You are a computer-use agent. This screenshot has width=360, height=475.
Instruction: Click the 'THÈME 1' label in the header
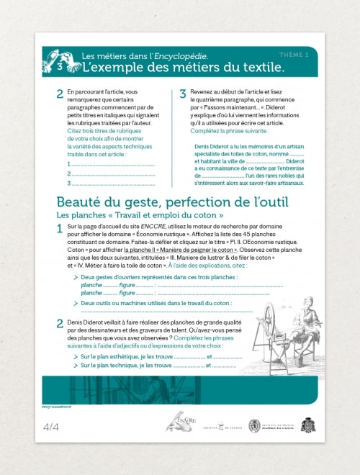point(294,55)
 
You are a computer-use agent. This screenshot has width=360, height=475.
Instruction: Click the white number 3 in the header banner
point(59,65)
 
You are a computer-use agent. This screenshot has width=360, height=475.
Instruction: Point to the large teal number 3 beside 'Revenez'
point(183,94)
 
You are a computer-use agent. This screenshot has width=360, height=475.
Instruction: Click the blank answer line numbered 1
point(112,165)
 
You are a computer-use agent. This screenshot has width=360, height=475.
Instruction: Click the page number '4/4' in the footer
point(51,427)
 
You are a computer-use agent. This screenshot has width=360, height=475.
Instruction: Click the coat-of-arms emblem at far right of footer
point(308,425)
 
